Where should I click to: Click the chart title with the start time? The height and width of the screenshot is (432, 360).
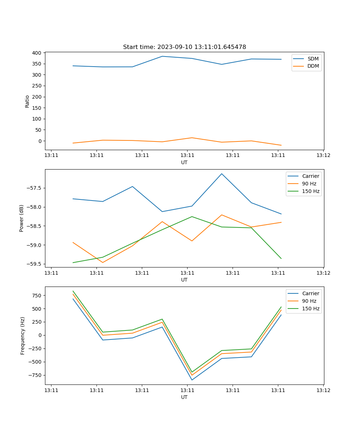pyautogui.click(x=184, y=47)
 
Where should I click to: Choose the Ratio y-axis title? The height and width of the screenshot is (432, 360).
pyautogui.click(x=27, y=101)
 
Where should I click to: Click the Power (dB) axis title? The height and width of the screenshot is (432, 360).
pyautogui.click(x=22, y=218)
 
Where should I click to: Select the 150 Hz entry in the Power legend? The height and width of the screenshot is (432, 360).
pyautogui.click(x=310, y=191)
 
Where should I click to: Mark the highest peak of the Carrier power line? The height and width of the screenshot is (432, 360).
pyautogui.click(x=222, y=174)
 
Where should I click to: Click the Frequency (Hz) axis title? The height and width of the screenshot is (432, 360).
pyautogui.click(x=23, y=336)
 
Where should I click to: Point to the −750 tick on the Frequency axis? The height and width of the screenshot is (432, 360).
pyautogui.click(x=35, y=375)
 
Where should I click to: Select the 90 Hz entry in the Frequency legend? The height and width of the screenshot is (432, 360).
pyautogui.click(x=309, y=301)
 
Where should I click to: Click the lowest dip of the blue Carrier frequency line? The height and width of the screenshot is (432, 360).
pyautogui.click(x=192, y=380)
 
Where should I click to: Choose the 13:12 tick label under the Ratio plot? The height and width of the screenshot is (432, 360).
pyautogui.click(x=323, y=156)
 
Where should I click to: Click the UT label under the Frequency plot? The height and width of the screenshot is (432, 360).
pyautogui.click(x=184, y=397)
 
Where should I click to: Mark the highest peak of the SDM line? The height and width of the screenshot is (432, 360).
pyautogui.click(x=162, y=56)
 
